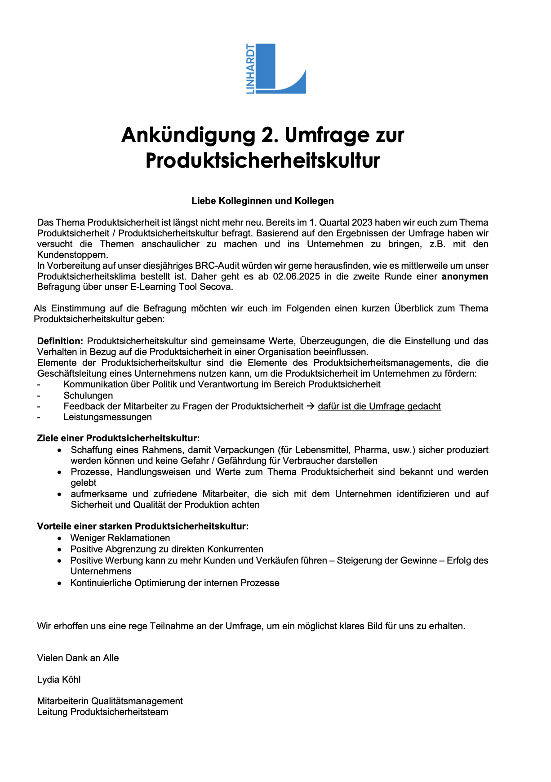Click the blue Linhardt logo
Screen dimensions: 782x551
point(275,69)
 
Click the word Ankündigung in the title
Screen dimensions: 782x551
point(188,135)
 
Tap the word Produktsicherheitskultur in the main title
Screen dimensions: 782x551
point(262,160)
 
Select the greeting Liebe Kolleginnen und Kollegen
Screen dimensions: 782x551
point(262,201)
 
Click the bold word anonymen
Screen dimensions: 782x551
point(465,276)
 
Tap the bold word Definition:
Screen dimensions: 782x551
point(60,341)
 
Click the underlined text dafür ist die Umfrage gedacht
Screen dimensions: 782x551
point(379,406)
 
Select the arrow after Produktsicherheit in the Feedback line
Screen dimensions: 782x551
point(311,406)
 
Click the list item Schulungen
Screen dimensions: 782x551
point(88,395)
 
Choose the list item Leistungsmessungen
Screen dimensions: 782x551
point(107,417)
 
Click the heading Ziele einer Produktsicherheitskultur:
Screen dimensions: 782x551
point(118,438)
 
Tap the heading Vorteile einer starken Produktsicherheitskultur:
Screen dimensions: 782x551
point(142,526)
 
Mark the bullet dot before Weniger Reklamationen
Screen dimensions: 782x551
point(59,538)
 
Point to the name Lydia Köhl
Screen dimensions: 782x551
point(59,680)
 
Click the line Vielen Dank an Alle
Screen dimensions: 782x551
point(78,658)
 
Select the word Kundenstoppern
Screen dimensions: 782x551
point(72,255)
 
